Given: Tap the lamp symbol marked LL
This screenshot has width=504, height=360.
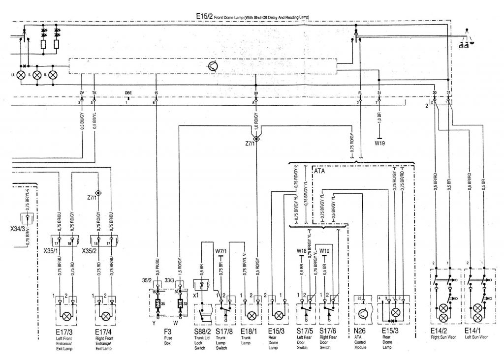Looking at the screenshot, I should [x=21, y=76].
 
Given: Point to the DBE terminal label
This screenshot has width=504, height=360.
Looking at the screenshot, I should [x=128, y=92].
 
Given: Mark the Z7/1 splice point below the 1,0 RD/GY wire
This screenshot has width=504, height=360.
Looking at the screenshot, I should [x=256, y=139].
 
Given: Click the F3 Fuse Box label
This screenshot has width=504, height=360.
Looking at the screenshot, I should [x=169, y=335].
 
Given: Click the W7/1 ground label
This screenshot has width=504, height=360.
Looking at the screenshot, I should [x=221, y=252].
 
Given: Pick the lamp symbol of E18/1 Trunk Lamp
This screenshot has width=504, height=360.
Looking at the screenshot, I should [x=250, y=315].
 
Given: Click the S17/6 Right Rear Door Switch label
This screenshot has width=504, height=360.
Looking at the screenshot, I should [x=327, y=335].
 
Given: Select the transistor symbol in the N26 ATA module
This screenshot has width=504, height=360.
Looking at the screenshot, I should [x=362, y=314].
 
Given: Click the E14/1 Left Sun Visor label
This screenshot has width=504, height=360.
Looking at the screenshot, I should [x=476, y=335].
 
